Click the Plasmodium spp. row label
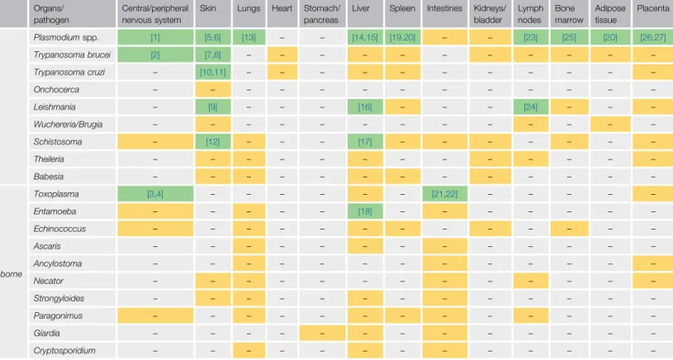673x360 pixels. (66, 37)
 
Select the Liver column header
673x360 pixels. (361, 8)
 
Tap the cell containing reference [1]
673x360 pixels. (155, 37)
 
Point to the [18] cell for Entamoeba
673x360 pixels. (365, 211)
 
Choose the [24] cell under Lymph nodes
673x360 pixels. (530, 107)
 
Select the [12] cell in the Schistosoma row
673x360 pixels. (213, 141)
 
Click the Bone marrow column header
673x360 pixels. (569, 14)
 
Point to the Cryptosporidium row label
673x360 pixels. (64, 351)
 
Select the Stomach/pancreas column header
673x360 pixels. (322, 14)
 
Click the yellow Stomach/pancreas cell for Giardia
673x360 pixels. (322, 333)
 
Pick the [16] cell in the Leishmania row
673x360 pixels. (365, 107)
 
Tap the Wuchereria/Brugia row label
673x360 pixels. (68, 125)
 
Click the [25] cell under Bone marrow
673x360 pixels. (569, 37)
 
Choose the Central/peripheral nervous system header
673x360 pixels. (155, 14)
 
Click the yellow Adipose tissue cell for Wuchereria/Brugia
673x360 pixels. (610, 125)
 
